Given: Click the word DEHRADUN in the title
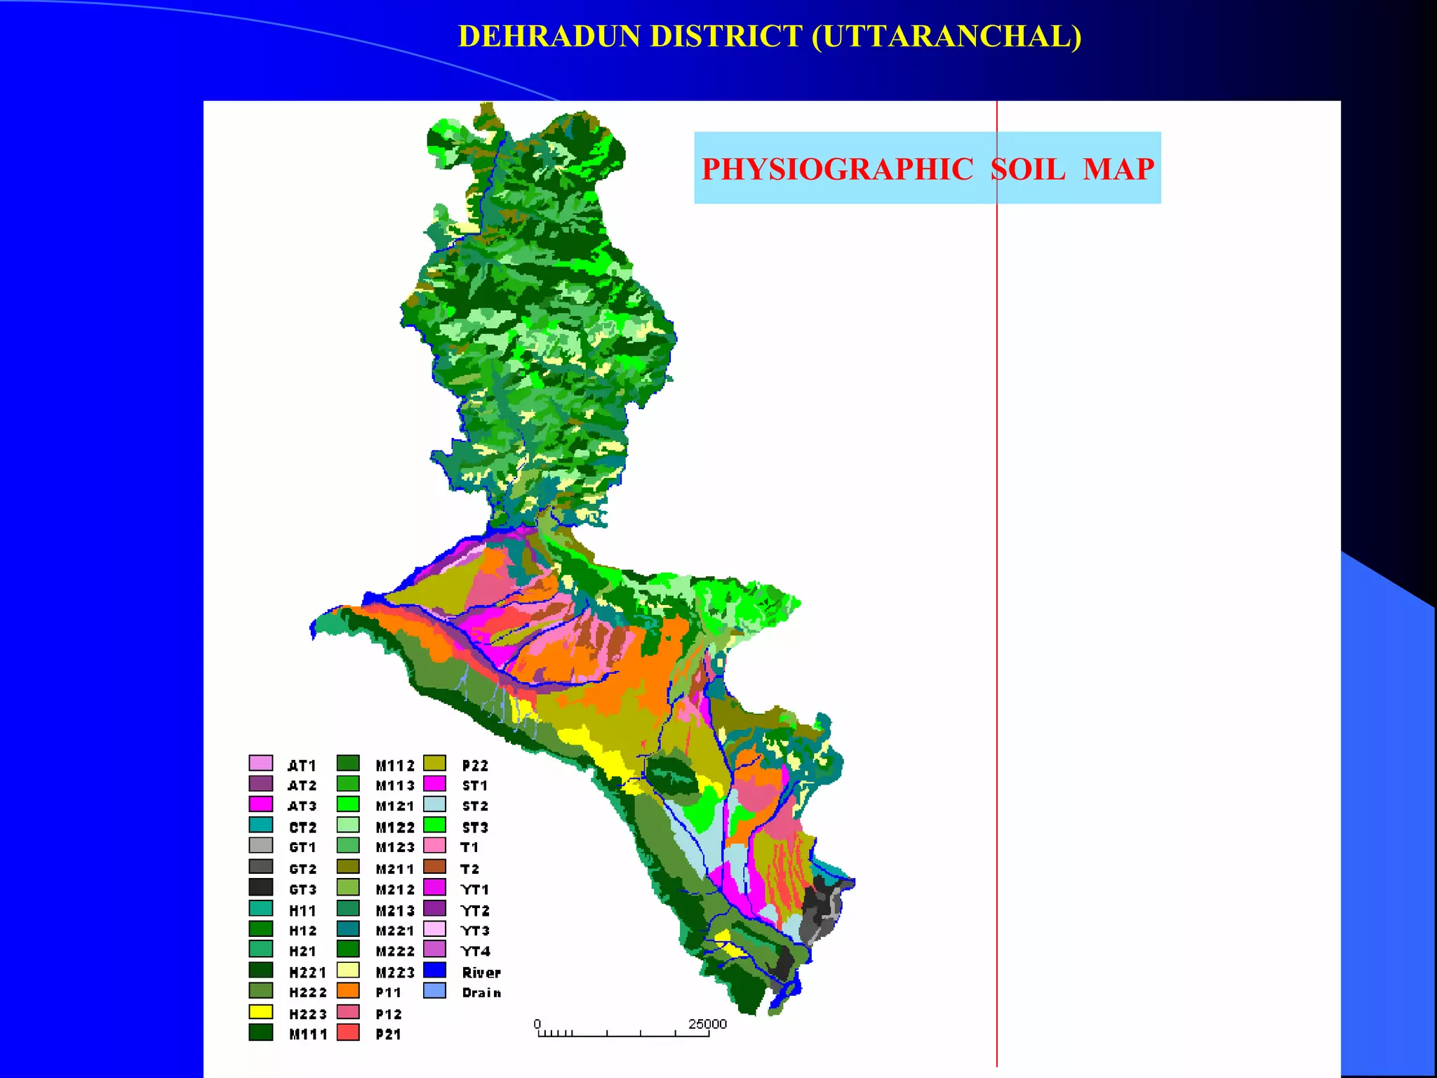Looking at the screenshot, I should pos(549,36).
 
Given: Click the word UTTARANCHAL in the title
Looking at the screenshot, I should pos(947,36).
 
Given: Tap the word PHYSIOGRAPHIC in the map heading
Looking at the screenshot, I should pos(837,169).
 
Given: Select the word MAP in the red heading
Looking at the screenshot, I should pos(1118,169).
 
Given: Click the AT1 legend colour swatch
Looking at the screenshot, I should pos(260,763).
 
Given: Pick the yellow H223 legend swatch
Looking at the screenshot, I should pos(260,1012).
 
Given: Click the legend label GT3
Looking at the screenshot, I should pos(302,890).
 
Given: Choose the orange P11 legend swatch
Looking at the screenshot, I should pos(348,991).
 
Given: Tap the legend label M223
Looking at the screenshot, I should pos(395,973).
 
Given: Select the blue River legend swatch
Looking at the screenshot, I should pos(435,971).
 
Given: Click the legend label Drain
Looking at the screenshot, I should pos(481,993).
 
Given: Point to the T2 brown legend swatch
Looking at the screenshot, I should pos(435,867).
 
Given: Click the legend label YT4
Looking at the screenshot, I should pos(475,952).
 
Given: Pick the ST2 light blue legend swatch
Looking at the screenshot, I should pos(435,804).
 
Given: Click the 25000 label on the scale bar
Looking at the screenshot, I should pos(707,1024).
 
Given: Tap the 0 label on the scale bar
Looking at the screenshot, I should pos(537,1024).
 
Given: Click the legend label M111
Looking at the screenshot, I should pos(308,1034).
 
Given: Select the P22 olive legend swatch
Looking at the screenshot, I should pos(435,763).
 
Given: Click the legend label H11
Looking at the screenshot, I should pos(302,911).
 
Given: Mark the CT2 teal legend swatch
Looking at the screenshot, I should pos(260,825).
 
